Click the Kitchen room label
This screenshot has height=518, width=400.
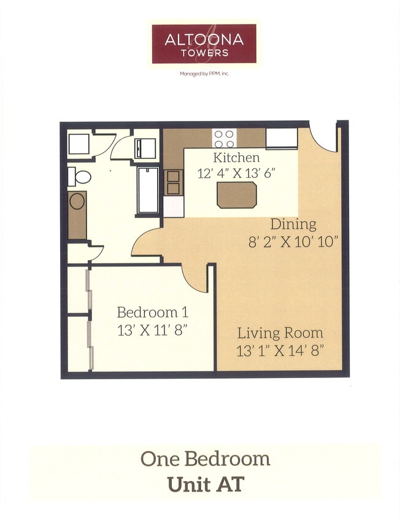point(236,157)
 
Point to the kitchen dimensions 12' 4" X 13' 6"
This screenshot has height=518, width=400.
point(236,173)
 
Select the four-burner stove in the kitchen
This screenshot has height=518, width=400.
point(225,137)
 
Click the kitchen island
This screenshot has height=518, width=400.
point(236,195)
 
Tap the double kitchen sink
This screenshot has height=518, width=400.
point(173,182)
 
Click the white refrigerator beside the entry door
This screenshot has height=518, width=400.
point(281,137)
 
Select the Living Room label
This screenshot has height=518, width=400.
point(280,333)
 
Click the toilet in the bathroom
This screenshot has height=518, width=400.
point(78,177)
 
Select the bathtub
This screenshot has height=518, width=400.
point(148,190)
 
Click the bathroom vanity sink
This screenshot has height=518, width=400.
point(77,201)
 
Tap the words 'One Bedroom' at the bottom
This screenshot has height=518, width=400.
point(205,458)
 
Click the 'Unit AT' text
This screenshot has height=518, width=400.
point(206,484)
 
